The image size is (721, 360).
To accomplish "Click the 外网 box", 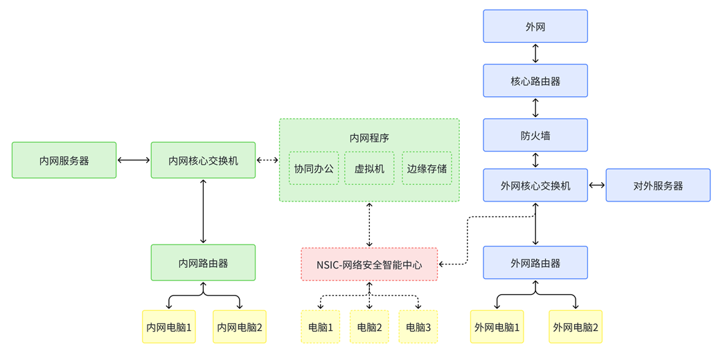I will click(535, 26).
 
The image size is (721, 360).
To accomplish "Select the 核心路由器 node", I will click(535, 81).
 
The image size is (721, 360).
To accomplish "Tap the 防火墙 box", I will click(535, 136).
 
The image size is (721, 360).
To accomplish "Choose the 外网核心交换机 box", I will click(535, 186).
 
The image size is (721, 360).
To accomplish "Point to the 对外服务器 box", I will click(658, 186).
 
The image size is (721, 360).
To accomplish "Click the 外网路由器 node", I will click(535, 263).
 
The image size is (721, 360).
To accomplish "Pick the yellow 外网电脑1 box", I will click(497, 327).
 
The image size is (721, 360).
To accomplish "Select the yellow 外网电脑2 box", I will click(575, 327).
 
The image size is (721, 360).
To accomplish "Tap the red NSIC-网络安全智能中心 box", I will click(369, 264).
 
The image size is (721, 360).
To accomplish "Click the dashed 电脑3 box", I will click(418, 327).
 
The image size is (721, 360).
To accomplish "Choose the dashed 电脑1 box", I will click(320, 327).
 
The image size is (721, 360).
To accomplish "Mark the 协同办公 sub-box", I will click(314, 168).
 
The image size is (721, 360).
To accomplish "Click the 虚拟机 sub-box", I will click(369, 168).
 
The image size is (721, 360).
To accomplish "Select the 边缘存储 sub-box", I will click(427, 168).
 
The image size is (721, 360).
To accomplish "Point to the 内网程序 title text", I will click(369, 138).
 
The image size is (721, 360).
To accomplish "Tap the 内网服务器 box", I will click(64, 161).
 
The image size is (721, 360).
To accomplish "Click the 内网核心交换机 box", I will click(203, 161).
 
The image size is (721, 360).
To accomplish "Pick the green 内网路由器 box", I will click(203, 263).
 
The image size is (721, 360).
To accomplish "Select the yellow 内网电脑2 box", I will click(240, 327).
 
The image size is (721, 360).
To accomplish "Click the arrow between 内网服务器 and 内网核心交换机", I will click(134, 161).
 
